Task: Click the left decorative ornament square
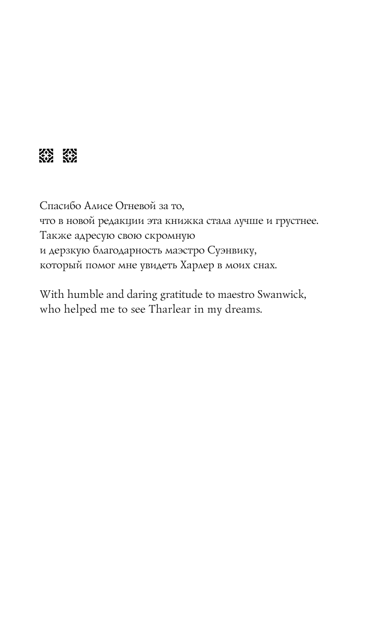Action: (x=46, y=156)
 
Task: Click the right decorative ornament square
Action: (x=70, y=156)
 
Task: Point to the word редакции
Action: (x=125, y=221)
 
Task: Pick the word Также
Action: (x=53, y=236)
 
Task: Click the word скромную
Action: (x=171, y=236)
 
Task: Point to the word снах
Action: (x=265, y=265)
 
